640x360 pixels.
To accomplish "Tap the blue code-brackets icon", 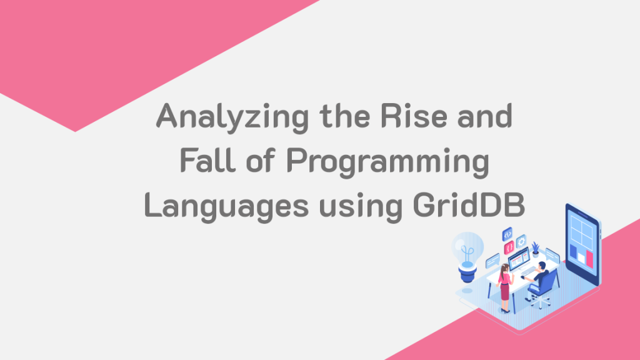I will pyautogui.click(x=507, y=234).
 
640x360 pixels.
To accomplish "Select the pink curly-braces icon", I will pyautogui.click(x=509, y=248).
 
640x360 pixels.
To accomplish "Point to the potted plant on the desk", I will pyautogui.click(x=536, y=249).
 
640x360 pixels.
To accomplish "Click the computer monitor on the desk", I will pyautogui.click(x=519, y=258).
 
